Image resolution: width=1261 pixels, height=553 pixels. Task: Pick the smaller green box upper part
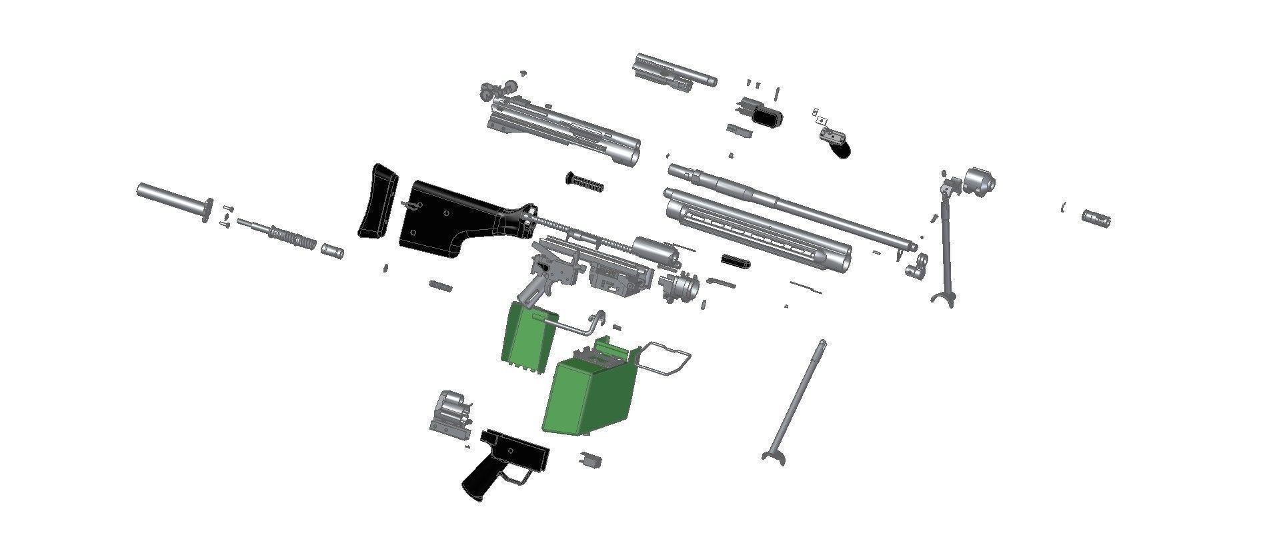coord(527,337)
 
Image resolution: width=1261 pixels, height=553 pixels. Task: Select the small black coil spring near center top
coord(585,182)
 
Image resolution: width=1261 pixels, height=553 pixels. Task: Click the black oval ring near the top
coord(768,117)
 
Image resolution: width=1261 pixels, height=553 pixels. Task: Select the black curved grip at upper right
coord(842,149)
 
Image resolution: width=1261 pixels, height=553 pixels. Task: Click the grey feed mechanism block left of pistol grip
coord(450,413)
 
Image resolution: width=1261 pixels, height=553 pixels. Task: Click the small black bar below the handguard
coord(736,261)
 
